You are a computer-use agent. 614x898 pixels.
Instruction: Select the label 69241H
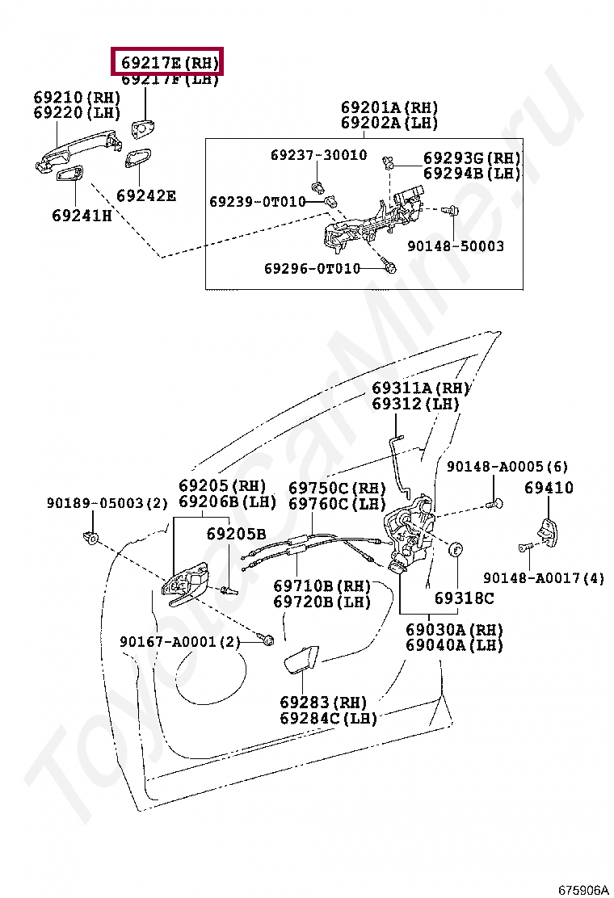point(82,216)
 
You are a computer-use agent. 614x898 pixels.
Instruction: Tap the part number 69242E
point(145,195)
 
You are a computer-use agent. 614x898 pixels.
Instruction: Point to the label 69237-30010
point(318,155)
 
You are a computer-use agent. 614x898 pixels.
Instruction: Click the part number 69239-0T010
point(258,201)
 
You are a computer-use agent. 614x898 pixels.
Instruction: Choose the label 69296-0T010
point(312,268)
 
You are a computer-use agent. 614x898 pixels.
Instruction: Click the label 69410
point(549,488)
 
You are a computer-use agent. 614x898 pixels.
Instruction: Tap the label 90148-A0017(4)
point(543,578)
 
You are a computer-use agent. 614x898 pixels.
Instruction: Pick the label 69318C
point(464,598)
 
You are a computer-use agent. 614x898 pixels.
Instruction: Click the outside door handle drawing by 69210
point(77,153)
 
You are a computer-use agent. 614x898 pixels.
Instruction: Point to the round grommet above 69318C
point(456,551)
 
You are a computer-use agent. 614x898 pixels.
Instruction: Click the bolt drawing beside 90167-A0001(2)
point(267,640)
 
